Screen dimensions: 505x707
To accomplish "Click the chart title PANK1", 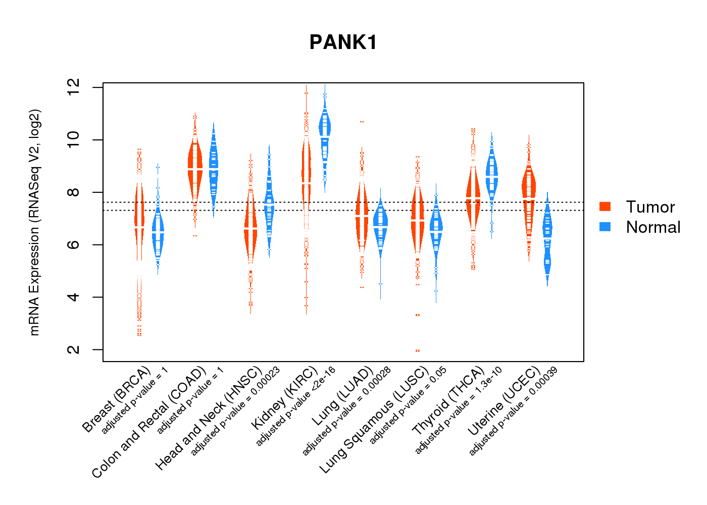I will coord(343,42).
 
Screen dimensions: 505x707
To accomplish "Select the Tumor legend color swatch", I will coord(605,207).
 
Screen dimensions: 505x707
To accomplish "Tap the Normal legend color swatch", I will coord(605,227).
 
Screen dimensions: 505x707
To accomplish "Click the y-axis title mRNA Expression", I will coord(34,222).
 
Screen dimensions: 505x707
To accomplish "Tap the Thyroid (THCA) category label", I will coord(448,401).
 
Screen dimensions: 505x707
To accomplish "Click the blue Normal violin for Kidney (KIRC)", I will coord(325,131).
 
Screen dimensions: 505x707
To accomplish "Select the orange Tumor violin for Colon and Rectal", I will coord(194,167).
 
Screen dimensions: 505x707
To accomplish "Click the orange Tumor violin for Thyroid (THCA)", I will coord(473,197).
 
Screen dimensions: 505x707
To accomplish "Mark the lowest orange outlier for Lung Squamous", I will coord(418,350).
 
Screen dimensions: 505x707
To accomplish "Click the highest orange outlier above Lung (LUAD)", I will coord(362,122).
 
